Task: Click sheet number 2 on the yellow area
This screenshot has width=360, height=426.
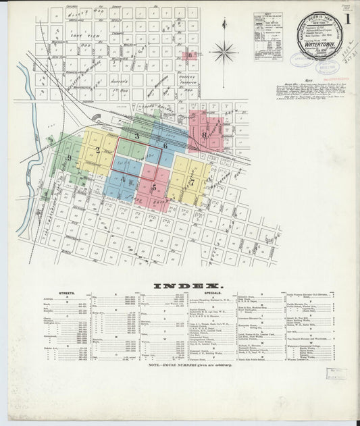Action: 98,150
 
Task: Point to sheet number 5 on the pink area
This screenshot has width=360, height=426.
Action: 154,186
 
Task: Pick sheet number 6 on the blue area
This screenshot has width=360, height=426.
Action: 165,144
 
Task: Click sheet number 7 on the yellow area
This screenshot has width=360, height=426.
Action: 192,182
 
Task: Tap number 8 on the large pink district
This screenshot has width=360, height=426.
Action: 204,135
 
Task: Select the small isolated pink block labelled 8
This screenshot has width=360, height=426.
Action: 191,55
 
